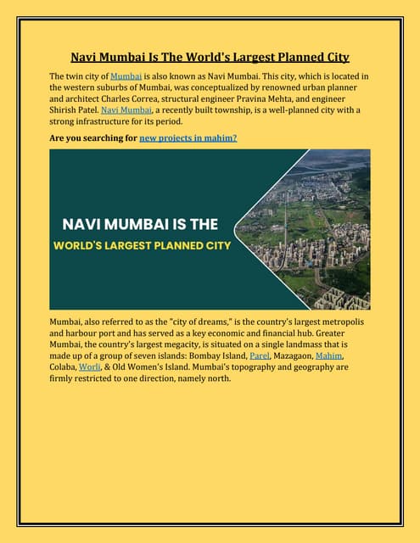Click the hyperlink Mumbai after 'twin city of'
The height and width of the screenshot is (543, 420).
point(126,77)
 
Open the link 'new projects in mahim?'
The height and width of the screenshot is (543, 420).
point(188,137)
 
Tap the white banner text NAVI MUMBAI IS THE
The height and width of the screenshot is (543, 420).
point(139,225)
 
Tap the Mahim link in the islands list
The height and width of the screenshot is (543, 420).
point(332,356)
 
